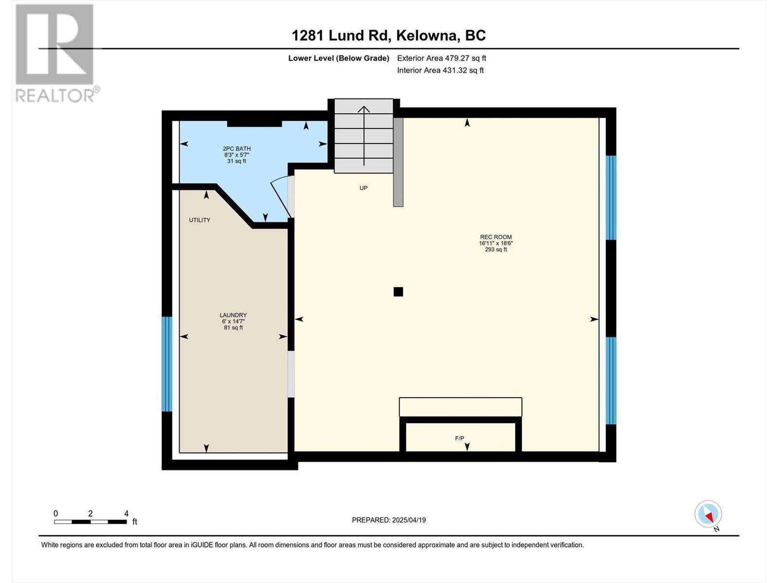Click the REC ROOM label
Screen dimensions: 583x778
point(495,237)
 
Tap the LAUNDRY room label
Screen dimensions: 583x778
point(233,315)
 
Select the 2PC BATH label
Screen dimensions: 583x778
point(237,149)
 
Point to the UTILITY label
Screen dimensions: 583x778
point(199,220)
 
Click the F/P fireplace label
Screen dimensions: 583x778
point(460,438)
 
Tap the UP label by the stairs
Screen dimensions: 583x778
point(363,188)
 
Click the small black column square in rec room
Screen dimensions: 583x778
point(398,292)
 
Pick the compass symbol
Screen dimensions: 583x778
point(708,514)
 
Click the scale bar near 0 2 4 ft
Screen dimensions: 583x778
point(90,522)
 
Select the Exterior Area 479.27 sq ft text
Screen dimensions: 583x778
point(442,58)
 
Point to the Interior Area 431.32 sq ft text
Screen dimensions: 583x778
point(440,70)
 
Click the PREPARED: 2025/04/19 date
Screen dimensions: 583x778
point(389,520)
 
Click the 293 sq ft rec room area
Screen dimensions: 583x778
point(495,250)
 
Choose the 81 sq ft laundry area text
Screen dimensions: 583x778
point(233,328)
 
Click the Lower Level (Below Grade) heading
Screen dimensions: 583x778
point(338,58)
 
